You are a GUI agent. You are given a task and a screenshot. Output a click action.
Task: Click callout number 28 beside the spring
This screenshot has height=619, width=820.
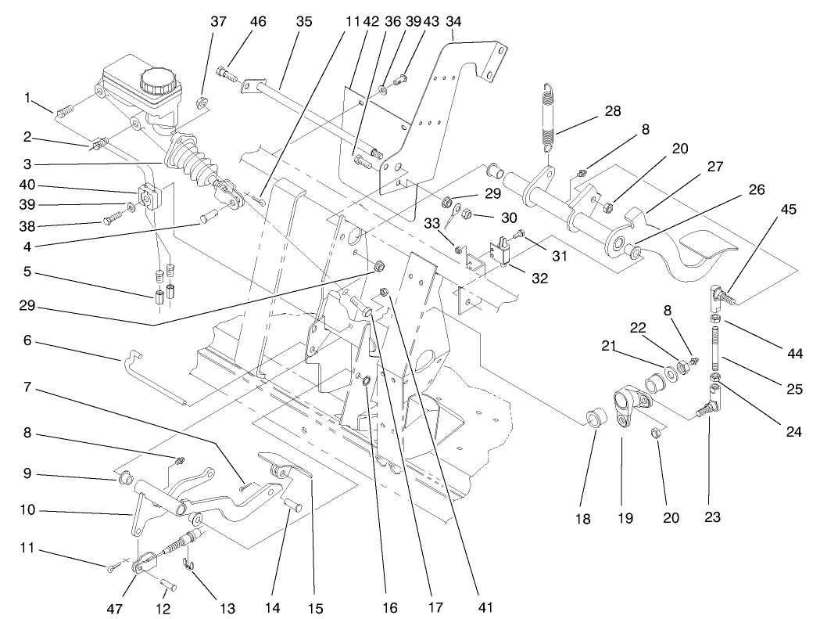(x=613, y=110)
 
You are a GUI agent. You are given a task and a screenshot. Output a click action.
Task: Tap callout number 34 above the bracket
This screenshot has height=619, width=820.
(x=453, y=21)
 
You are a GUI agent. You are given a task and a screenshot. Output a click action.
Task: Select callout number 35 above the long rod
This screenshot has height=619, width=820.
(x=304, y=21)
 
